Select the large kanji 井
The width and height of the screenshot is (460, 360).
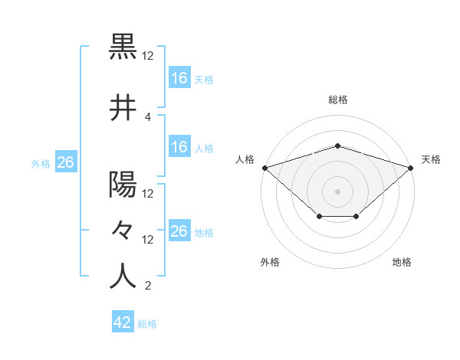(x=123, y=108)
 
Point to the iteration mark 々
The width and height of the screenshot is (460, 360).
(x=123, y=229)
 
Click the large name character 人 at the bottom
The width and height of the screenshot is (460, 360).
(x=123, y=277)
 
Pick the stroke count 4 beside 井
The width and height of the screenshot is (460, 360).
(x=148, y=116)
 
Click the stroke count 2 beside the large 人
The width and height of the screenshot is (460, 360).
(x=148, y=286)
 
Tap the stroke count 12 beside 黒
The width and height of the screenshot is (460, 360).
(x=148, y=56)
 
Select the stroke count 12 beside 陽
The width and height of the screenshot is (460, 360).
(x=148, y=194)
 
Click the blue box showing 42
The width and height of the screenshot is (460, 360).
(x=123, y=322)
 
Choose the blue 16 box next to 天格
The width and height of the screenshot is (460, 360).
(x=179, y=77)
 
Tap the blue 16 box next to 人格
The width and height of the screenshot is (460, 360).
(x=179, y=147)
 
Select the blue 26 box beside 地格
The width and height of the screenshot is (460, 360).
(x=179, y=231)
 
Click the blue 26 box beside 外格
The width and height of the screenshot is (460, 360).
(x=66, y=162)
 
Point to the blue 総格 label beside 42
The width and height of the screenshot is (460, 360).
(x=147, y=324)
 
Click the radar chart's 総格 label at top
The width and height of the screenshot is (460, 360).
(x=338, y=100)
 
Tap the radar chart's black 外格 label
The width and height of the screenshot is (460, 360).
(x=270, y=263)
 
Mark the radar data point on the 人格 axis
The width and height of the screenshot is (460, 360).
(x=264, y=168)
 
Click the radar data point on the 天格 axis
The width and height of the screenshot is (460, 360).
(x=411, y=168)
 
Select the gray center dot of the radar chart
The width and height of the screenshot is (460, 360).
(x=337, y=191)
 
